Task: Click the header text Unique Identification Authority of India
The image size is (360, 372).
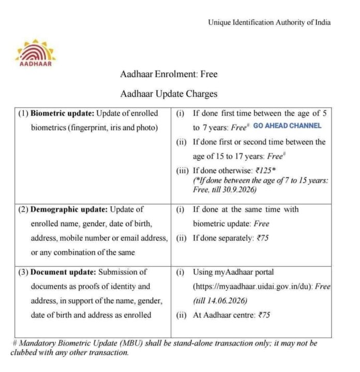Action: click(269, 22)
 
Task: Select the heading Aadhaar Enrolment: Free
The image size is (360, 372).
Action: click(169, 74)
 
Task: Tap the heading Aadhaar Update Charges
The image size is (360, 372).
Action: click(169, 94)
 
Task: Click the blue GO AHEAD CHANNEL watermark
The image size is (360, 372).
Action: click(287, 126)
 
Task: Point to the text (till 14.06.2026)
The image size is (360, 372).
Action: click(219, 301)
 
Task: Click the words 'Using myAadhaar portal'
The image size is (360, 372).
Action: click(233, 272)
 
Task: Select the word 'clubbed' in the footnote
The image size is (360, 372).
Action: click(26, 353)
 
